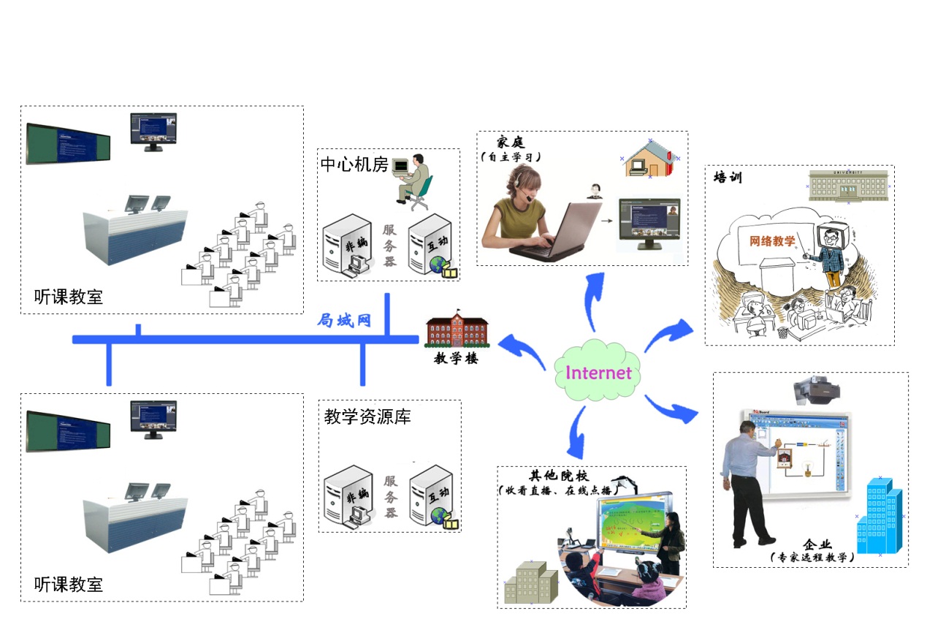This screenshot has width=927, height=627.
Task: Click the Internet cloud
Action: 598,372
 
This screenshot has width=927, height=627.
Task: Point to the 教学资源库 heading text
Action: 367,417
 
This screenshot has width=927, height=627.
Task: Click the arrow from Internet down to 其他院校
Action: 578,431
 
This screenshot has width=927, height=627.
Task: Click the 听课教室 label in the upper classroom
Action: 69,297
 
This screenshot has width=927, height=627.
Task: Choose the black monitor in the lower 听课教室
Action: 153,419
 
